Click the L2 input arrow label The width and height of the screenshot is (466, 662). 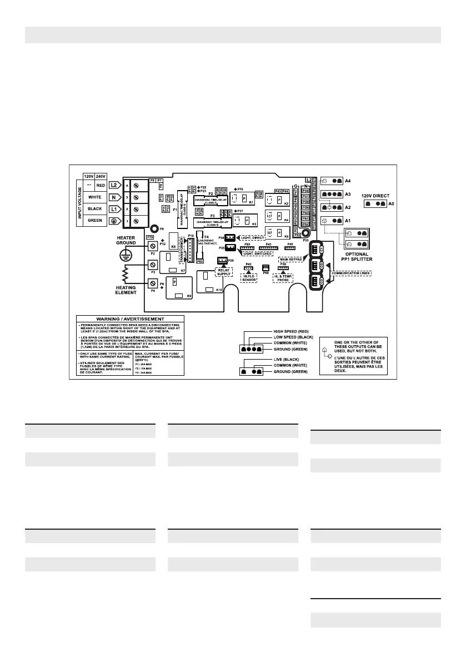pos(113,185)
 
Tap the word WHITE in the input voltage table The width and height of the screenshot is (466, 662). pos(96,197)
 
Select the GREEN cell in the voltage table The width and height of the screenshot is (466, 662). pos(96,221)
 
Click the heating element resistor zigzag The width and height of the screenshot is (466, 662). pos(127,273)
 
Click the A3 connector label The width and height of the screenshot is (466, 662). pos(348,194)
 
